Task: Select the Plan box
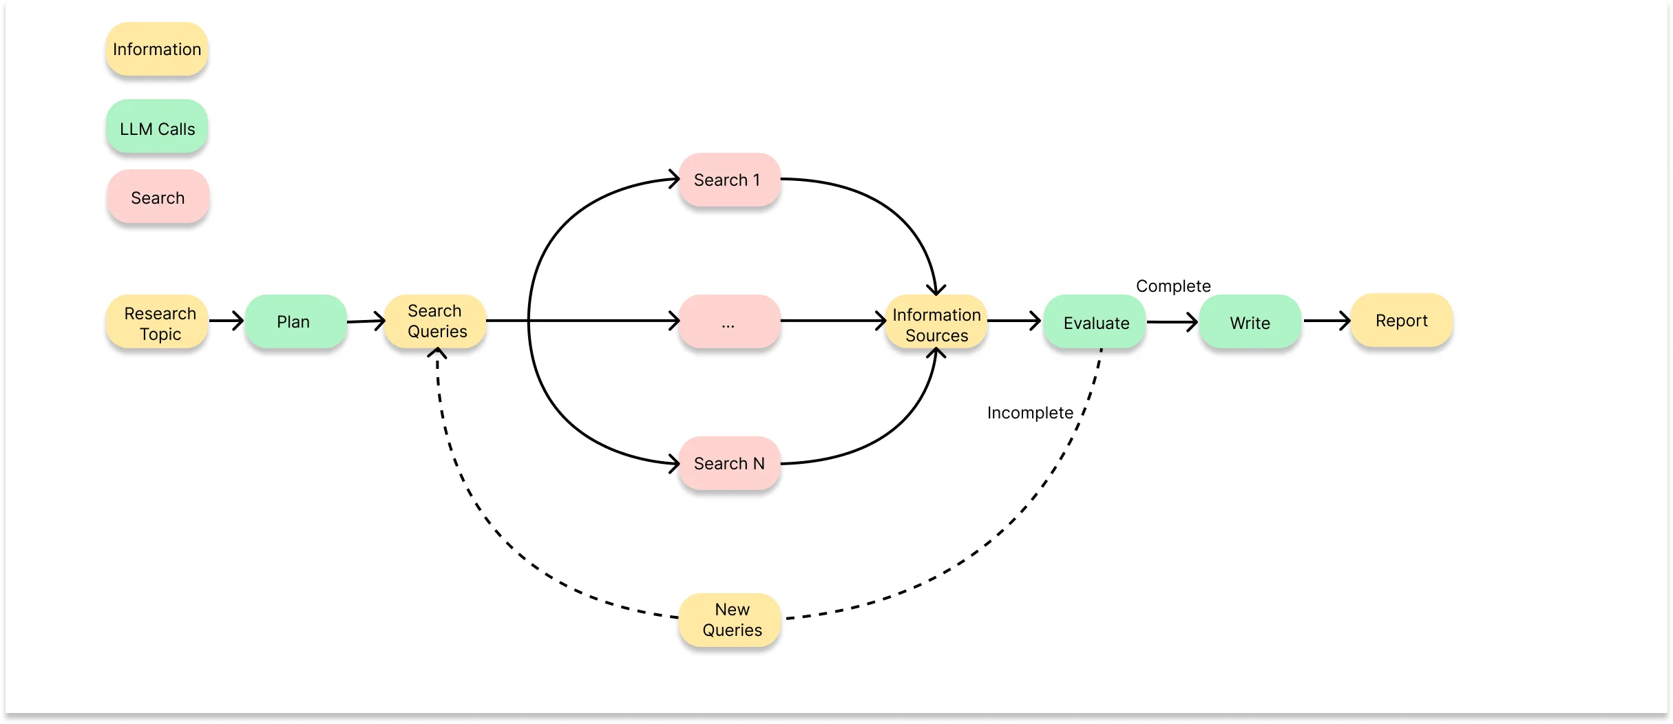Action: tap(295, 321)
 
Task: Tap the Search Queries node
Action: tap(436, 321)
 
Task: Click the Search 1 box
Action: tap(729, 180)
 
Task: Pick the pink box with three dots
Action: tap(729, 321)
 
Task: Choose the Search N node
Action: tap(729, 463)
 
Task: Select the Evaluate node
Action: tap(1095, 322)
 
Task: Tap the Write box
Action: tap(1250, 322)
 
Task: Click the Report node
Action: tap(1402, 321)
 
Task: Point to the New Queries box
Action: tap(730, 619)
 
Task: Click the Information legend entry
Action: tap(157, 49)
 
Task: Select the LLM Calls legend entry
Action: tap(157, 128)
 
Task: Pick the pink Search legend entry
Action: tap(158, 198)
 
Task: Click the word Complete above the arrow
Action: tap(1173, 286)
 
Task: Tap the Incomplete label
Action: tap(1030, 412)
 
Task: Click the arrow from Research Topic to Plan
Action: tap(227, 321)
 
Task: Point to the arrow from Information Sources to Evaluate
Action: tap(1014, 321)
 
